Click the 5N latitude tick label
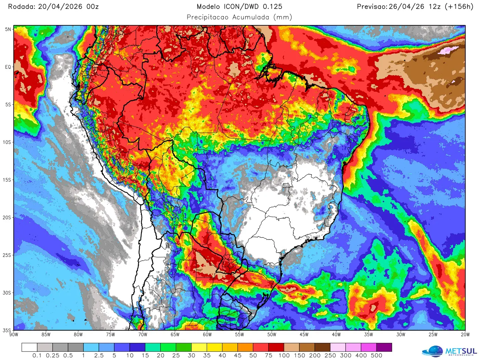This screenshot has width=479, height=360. [x=8, y=29]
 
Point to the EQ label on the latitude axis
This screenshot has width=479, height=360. [x=8, y=67]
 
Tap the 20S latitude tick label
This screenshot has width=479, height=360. [x=7, y=218]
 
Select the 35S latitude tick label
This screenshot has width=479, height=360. [x=7, y=330]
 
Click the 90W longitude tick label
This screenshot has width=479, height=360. [x=14, y=335]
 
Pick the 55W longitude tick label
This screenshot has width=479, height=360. [x=239, y=335]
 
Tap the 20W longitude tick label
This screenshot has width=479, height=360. [x=465, y=335]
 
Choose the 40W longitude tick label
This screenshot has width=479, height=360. [x=336, y=335]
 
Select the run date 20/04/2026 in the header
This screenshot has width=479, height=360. [x=60, y=7]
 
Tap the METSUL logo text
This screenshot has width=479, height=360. [x=461, y=351]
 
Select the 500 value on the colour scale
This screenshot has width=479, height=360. [x=376, y=356]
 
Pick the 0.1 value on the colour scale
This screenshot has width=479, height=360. [x=37, y=356]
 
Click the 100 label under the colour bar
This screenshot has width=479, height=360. [x=284, y=356]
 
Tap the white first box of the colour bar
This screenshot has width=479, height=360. [x=29, y=347]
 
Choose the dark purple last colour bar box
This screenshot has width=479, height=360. [x=384, y=347]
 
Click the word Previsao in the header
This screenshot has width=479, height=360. [x=372, y=7]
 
